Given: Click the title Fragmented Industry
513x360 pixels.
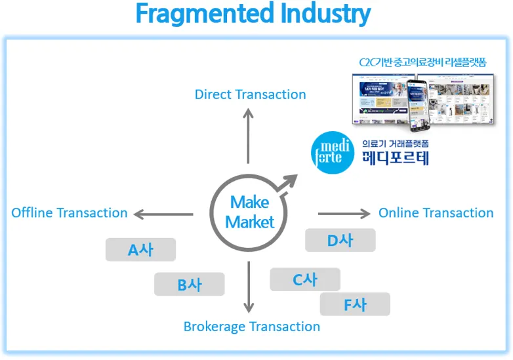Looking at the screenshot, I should click(x=253, y=14).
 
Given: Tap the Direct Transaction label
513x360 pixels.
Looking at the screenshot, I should click(x=250, y=94).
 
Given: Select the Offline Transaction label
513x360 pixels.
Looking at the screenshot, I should click(x=69, y=213).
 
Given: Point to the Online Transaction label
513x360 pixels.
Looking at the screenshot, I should click(x=436, y=213).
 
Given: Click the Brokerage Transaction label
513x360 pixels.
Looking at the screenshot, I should click(x=251, y=327).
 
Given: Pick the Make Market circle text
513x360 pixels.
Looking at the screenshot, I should click(x=249, y=212).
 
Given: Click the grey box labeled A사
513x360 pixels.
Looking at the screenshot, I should click(x=140, y=250).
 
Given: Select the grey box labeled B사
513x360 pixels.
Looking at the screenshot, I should click(x=189, y=285).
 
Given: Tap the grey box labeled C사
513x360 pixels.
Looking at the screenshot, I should click(x=304, y=279).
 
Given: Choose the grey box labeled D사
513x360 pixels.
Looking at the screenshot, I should click(x=340, y=240).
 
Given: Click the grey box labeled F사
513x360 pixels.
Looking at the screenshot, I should click(x=355, y=304).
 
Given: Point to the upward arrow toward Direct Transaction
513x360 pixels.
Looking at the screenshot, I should click(x=248, y=135).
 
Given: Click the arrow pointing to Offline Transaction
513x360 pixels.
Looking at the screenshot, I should click(x=163, y=214).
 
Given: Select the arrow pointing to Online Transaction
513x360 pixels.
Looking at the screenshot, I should click(x=344, y=214).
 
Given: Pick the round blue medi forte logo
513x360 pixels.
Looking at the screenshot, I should click(x=333, y=152).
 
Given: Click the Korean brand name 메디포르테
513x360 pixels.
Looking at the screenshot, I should click(x=396, y=158).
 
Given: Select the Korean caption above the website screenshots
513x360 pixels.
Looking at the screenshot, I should click(x=422, y=62).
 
